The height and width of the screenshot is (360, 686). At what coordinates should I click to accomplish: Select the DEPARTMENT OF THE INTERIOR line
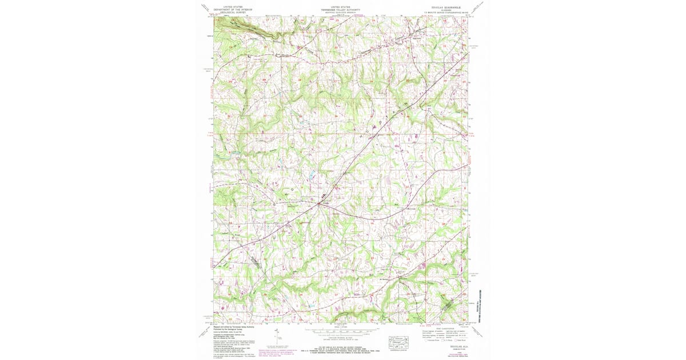[x=233, y=10]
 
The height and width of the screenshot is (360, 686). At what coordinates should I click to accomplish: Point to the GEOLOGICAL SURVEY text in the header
[x=233, y=12]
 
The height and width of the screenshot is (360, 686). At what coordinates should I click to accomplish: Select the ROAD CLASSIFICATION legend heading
[x=443, y=328]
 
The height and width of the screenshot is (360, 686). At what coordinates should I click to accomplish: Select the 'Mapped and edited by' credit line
[x=229, y=326]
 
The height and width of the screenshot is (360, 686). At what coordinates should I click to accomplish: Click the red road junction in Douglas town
[x=318, y=202]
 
